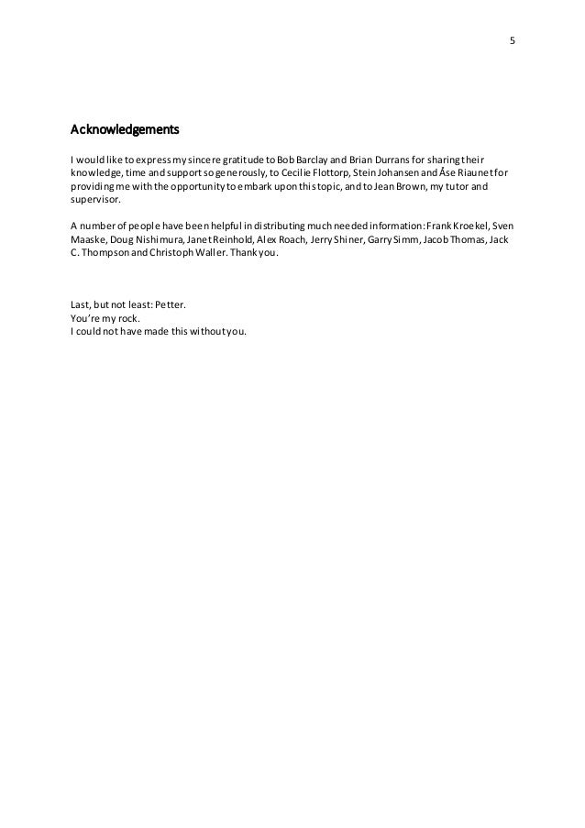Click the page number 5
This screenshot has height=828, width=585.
pyautogui.click(x=512, y=41)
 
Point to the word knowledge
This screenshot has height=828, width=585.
pyautogui.click(x=99, y=171)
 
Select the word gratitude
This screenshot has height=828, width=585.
pyautogui.click(x=248, y=157)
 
